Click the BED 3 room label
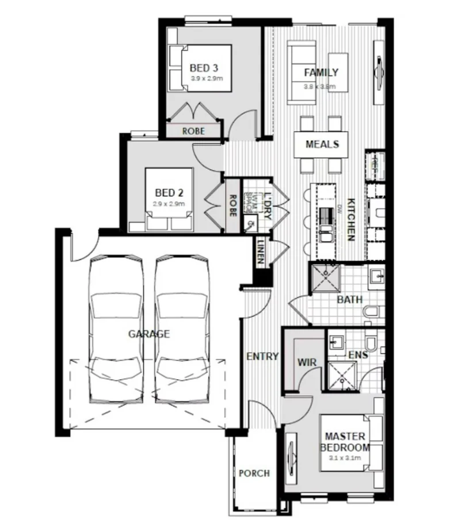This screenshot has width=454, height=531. pyautogui.click(x=203, y=68)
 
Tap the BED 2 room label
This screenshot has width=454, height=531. pyautogui.click(x=169, y=193)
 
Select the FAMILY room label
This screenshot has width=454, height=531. pyautogui.click(x=321, y=73)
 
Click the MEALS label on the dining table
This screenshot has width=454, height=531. pyautogui.click(x=322, y=144)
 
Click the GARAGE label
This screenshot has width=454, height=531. pyautogui.click(x=148, y=333)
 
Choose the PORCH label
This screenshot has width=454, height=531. pyautogui.click(x=254, y=473)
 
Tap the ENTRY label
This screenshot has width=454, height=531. pyautogui.click(x=262, y=357)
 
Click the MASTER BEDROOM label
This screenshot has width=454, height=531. pyautogui.click(x=345, y=441)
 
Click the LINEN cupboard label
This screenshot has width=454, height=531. pyautogui.click(x=261, y=251)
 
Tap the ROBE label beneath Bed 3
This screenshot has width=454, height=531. pyautogui.click(x=193, y=131)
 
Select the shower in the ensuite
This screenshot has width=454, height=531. pyautogui.click(x=342, y=375)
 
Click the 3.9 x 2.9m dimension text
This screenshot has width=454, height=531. pyautogui.click(x=203, y=78)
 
